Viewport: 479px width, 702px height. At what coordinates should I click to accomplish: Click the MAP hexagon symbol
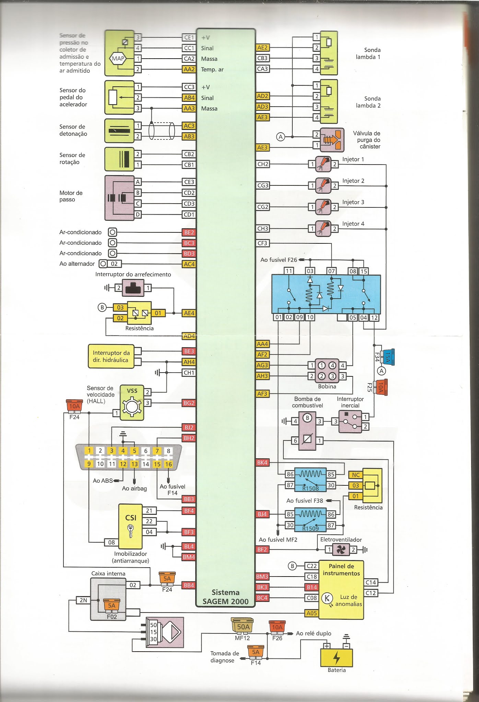pos(118,59)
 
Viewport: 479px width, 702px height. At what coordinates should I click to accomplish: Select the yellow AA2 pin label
pos(189,69)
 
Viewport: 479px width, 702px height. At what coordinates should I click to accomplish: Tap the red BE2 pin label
pos(189,232)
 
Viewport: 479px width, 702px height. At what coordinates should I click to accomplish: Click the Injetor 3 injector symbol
pos(323,207)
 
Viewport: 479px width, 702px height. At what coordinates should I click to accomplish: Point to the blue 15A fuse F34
pos(388,357)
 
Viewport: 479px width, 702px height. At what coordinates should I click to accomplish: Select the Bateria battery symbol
pos(336,657)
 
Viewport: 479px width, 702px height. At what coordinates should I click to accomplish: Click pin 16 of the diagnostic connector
pos(168,464)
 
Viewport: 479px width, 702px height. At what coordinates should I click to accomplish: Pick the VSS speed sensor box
pos(132,403)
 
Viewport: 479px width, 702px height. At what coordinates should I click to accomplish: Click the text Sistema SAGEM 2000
pos(225,597)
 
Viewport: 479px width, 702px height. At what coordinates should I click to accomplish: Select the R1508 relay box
pos(311,480)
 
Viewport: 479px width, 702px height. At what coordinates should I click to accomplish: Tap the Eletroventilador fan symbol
pos(341,550)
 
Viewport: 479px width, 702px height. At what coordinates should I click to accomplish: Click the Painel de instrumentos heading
pos(341,570)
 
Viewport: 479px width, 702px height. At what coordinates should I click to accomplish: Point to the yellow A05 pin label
pos(312,613)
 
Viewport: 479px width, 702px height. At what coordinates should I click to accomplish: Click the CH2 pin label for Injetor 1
pos(263,164)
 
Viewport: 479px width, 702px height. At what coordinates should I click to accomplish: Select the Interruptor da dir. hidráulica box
pos(111,356)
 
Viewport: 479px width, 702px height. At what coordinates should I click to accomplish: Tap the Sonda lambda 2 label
pos(368,102)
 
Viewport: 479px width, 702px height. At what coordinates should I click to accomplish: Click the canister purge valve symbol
pos(332,140)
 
